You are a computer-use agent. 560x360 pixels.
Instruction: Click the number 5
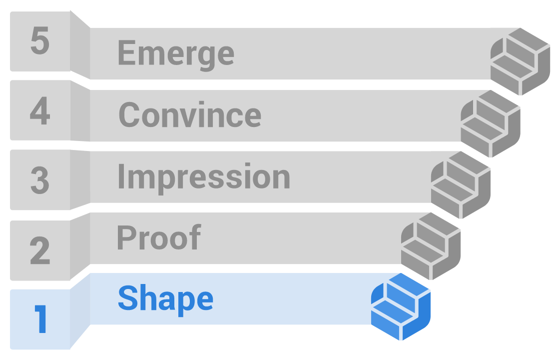coord(39,41)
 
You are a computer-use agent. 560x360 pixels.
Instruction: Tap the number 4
coord(39,110)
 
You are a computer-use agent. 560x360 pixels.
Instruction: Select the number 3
coord(39,180)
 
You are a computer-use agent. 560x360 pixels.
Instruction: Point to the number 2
coord(39,250)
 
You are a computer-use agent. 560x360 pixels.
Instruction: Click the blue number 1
coord(41,319)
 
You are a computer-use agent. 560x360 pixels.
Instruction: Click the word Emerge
coord(176,54)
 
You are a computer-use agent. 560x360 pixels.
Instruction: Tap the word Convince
coord(190,114)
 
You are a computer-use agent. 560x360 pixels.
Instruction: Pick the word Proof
coord(159,237)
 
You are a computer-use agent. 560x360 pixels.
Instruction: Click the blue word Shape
coord(166,299)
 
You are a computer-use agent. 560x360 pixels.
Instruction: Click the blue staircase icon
coord(401,306)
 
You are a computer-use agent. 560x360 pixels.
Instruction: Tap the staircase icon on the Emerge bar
coord(520,61)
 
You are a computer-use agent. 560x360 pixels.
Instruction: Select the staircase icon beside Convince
coord(491,123)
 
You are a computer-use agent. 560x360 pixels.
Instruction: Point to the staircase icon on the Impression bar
coord(461,185)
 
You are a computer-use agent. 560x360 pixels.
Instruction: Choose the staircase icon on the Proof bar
coord(431,246)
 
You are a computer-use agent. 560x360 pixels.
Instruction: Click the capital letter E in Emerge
coord(127,52)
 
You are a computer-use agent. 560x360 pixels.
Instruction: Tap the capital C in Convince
coord(129,114)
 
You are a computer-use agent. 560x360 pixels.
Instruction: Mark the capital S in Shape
coord(128,297)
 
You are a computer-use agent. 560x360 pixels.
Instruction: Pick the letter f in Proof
coord(195,237)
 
